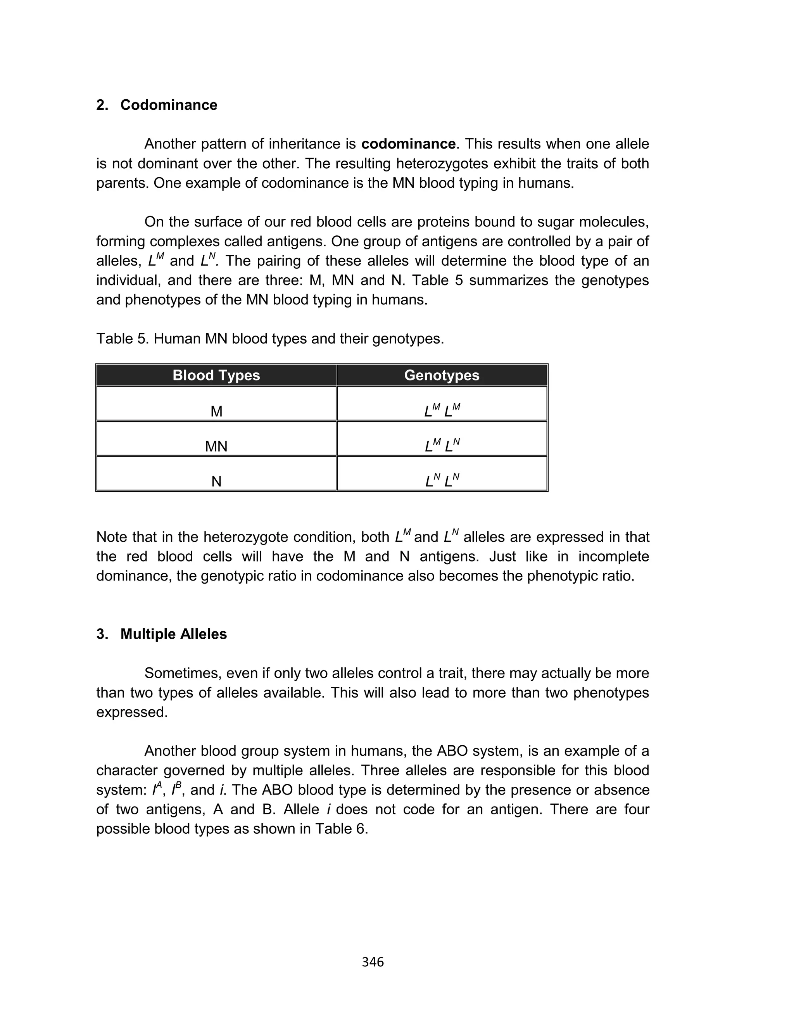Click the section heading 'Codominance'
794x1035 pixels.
pos(169,105)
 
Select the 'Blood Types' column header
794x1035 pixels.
pos(216,375)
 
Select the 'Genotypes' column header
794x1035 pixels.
pos(442,375)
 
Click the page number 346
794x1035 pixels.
pos(373,962)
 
